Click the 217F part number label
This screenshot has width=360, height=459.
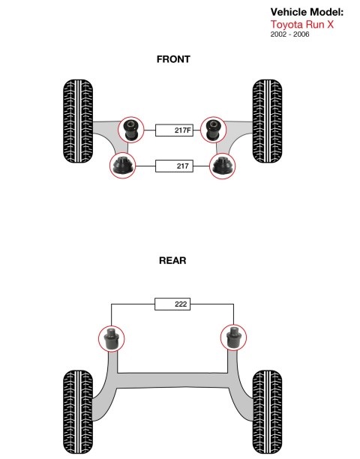[x=174, y=130]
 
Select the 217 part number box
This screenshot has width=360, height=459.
[x=174, y=166]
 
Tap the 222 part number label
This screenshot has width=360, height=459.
[x=172, y=304]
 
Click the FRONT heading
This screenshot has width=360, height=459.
[x=173, y=59]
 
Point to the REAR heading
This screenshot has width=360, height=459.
[x=172, y=260]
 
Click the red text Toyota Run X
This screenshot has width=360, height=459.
[x=301, y=24]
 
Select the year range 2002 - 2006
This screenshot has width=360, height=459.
[x=289, y=34]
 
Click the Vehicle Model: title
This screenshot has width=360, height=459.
[x=307, y=12]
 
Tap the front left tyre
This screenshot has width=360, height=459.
[x=78, y=121]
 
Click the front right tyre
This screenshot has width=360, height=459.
[x=267, y=121]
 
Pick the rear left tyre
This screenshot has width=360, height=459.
[x=78, y=412]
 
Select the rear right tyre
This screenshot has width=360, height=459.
[x=267, y=412]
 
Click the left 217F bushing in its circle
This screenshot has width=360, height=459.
[x=131, y=130]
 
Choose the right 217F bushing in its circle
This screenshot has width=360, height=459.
[x=214, y=130]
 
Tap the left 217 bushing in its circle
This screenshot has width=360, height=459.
[x=123, y=166]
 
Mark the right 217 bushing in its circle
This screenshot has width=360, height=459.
[x=223, y=166]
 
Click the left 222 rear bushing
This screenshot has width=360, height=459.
[x=111, y=339]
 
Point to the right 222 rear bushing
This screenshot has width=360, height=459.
[x=233, y=337]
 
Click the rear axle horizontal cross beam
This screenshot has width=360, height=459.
[x=172, y=380]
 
